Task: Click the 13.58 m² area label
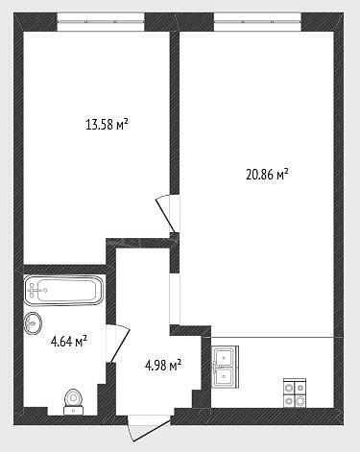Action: pos(108,124)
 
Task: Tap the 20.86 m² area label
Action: pos(268,175)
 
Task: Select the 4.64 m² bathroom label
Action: pos(69,342)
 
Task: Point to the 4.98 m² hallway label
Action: pos(163,365)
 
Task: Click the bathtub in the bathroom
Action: pos(64,291)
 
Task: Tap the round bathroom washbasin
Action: pos(33,323)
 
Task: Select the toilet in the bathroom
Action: pos(74,402)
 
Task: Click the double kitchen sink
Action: pos(226,367)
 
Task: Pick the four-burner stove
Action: pos(295,393)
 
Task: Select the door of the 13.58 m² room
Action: pos(165,213)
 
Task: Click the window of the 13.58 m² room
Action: pos(101,22)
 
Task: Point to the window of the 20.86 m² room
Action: pos(257,22)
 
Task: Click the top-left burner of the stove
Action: pos(289,388)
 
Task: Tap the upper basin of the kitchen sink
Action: pos(224,356)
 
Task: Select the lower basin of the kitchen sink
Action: pos(224,376)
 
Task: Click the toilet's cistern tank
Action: pos(74,410)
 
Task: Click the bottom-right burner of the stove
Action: pos(300,400)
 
